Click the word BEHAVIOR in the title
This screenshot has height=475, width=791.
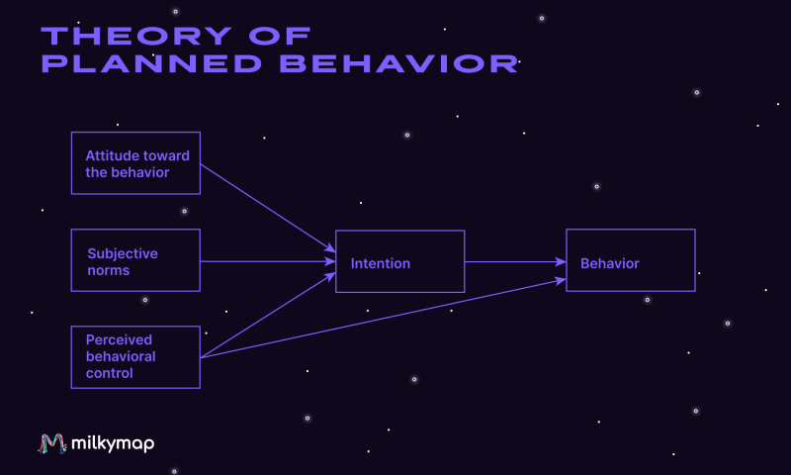(x=399, y=63)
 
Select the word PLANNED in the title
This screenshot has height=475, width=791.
(x=151, y=63)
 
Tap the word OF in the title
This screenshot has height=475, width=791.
(x=280, y=37)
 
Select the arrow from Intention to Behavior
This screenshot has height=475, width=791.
(x=515, y=262)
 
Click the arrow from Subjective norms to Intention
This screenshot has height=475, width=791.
(x=268, y=261)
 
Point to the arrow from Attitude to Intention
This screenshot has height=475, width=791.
(x=268, y=208)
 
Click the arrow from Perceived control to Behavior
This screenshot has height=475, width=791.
(x=384, y=318)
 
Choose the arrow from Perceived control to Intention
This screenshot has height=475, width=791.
(x=268, y=315)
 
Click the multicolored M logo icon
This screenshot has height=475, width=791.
(x=52, y=443)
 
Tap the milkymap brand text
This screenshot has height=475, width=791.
(x=113, y=443)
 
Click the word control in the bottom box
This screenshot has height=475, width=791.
(x=110, y=373)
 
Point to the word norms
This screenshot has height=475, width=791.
(x=109, y=271)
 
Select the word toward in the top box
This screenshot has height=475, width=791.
(x=165, y=156)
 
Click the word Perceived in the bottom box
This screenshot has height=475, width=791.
(x=119, y=339)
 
